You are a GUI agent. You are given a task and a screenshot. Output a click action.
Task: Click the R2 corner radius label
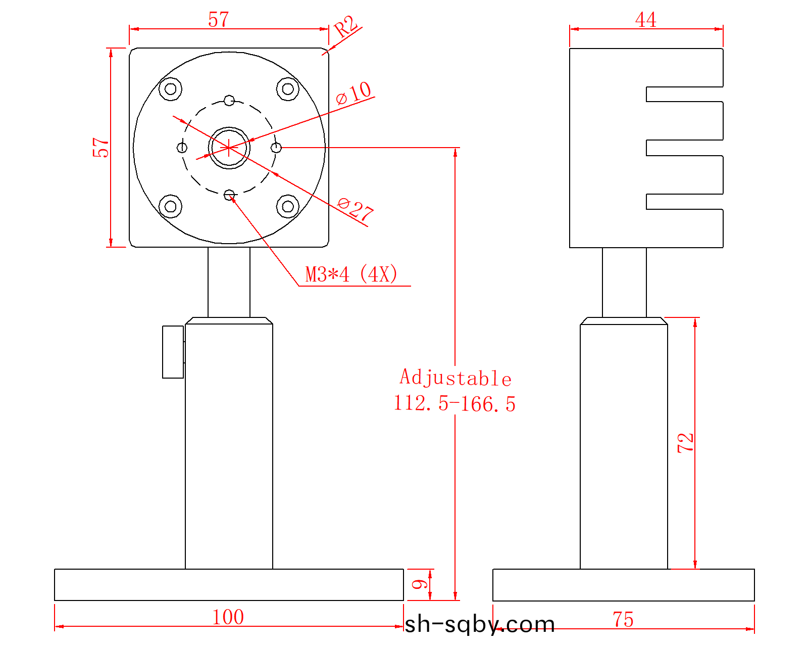[x=346, y=26]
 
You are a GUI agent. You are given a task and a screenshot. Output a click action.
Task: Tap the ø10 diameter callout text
[x=353, y=93]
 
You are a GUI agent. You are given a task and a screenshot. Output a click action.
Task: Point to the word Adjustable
[x=456, y=378]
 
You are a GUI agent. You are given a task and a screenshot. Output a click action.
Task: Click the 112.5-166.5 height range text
[x=454, y=404]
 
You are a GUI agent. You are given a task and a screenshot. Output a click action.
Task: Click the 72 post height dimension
[x=686, y=443]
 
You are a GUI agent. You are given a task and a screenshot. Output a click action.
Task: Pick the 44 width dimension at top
[x=646, y=20]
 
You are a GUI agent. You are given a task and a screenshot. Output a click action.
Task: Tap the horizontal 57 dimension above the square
[x=219, y=20]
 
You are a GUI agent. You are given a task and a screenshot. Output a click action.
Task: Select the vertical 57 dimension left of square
[x=100, y=148]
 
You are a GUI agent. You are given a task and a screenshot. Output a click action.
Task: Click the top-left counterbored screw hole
[x=171, y=89]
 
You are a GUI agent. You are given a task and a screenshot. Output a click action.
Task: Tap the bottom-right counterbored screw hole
[x=288, y=206]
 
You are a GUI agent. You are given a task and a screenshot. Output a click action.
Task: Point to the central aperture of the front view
[x=229, y=148]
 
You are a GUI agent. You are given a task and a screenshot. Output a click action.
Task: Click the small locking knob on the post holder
[x=173, y=352]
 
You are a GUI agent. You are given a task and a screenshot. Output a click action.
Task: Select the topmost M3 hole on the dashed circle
[x=229, y=101]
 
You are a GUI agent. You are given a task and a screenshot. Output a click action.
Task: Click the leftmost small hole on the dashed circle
[x=182, y=148]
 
